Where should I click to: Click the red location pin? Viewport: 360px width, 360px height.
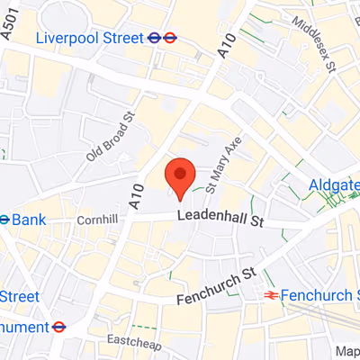click(x=180, y=176)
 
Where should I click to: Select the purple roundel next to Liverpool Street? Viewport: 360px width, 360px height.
click(x=155, y=38)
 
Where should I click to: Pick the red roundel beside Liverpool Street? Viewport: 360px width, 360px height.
click(x=170, y=38)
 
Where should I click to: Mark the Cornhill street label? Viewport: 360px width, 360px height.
click(x=97, y=220)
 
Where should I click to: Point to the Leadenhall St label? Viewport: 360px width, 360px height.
click(x=219, y=217)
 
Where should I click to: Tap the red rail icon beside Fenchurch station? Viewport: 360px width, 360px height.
click(x=268, y=294)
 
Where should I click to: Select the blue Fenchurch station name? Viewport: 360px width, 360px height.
click(x=319, y=294)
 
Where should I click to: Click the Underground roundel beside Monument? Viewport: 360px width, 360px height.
click(x=58, y=327)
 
